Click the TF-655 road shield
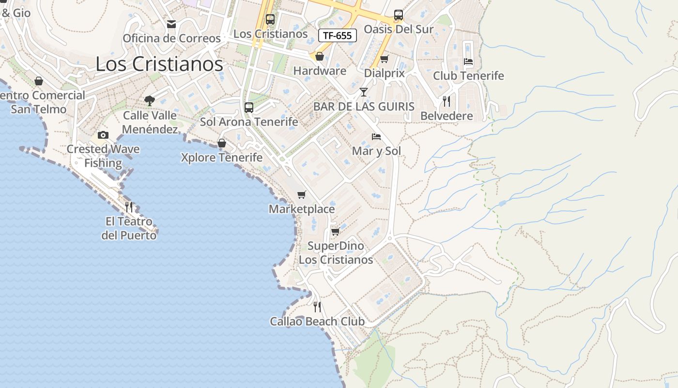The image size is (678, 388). point(338,35)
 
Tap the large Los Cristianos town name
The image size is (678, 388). point(159,64)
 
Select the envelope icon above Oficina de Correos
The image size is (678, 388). point(171,24)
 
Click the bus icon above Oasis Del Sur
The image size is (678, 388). point(399,15)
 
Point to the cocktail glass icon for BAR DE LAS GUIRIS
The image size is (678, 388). point(364,92)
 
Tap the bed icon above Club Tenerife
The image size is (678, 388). point(468,62)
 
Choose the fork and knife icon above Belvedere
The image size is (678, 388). point(447,101)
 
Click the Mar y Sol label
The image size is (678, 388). point(376,151)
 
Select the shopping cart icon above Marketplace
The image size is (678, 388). point(302,195)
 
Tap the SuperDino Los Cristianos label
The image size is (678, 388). point(336,253)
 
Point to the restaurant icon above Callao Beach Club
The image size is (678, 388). point(317,307)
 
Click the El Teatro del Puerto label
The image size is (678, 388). point(129,228)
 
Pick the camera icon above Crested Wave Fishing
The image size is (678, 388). point(103,135)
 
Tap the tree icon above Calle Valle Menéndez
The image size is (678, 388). point(150,101)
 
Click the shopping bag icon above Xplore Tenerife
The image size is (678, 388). point(222,143)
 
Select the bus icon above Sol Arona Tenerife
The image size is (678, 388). point(249,108)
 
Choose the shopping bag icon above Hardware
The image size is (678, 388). point(320,57)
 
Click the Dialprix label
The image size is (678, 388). point(384,73)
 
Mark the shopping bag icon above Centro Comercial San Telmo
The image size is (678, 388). point(39,81)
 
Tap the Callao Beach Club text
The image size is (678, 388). point(317,321)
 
